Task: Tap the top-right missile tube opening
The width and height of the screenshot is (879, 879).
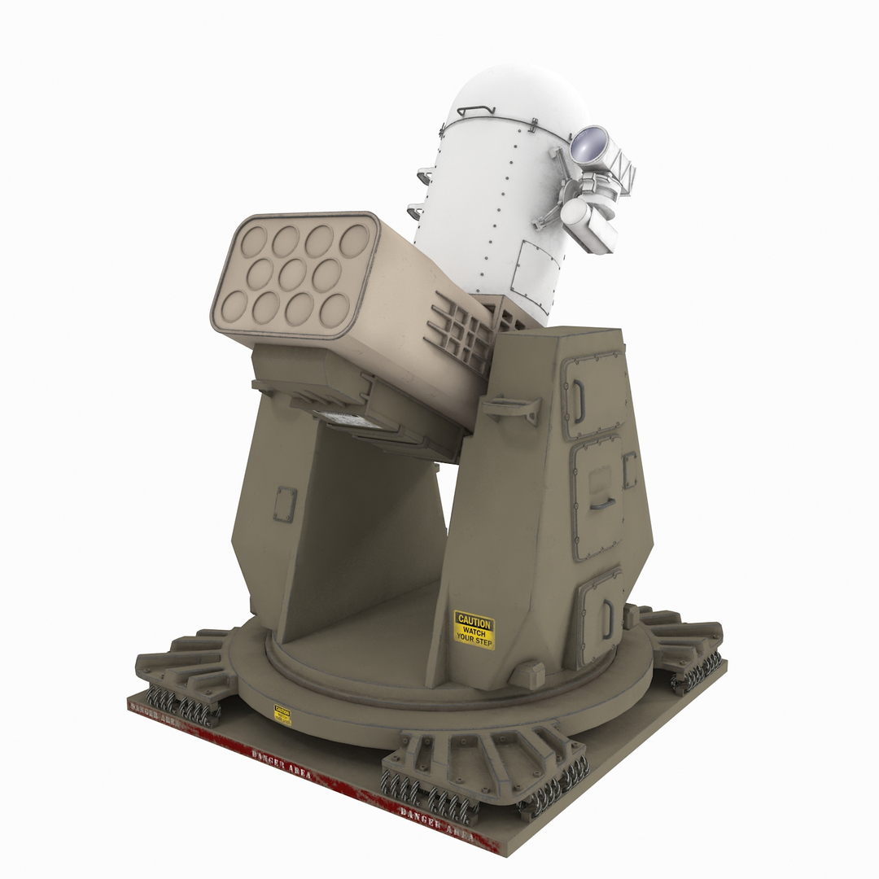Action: pyautogui.click(x=354, y=241)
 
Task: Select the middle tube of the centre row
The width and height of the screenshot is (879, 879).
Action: pyautogui.click(x=292, y=274)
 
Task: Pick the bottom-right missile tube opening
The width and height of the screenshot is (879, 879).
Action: pyautogui.click(x=335, y=310)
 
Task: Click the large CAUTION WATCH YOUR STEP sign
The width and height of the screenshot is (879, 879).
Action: pyautogui.click(x=474, y=630)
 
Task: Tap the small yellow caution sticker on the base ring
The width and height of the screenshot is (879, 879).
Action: pyautogui.click(x=282, y=714)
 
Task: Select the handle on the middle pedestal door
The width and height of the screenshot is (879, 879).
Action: pyautogui.click(x=602, y=502)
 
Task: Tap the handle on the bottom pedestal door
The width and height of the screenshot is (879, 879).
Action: pyautogui.click(x=607, y=619)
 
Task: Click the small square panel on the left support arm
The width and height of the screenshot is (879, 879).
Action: pyautogui.click(x=285, y=505)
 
